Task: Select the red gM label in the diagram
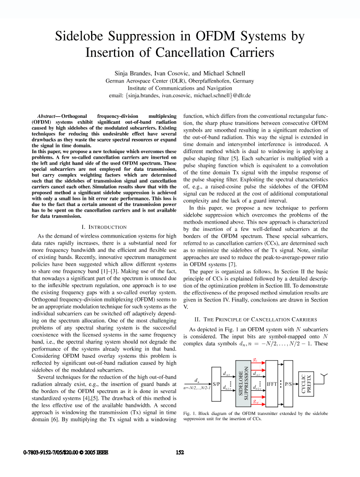(256, 402)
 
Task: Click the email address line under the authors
(180, 95)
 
